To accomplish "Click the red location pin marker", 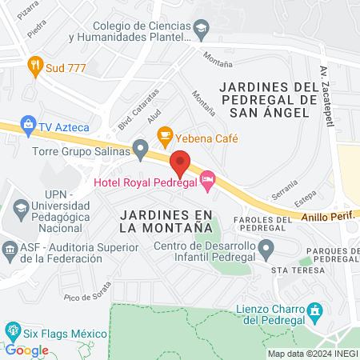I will click(180, 163).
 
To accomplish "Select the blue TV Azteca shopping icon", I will click(29, 126).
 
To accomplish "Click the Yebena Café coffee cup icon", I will click(165, 134).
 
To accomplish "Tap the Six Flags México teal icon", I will click(12, 329).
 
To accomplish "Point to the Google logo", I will click(27, 350).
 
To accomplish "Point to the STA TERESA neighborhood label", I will click(298, 271).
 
